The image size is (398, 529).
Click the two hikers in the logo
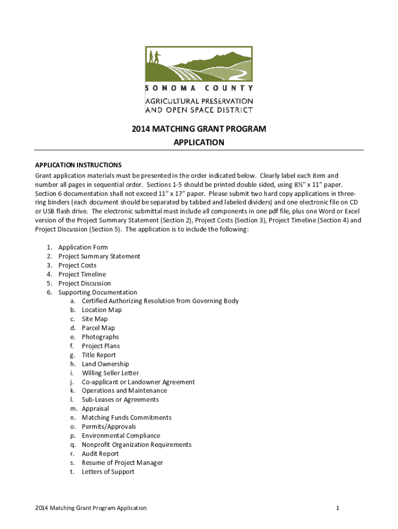tap(154, 56)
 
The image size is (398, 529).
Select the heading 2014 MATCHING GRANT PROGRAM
tap(198, 129)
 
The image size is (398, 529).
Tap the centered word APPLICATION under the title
tap(198, 142)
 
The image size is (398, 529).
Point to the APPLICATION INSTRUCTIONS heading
tap(78, 165)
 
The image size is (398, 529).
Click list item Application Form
tap(83, 247)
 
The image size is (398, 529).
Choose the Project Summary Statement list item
tap(99, 256)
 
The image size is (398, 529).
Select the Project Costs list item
tap(77, 266)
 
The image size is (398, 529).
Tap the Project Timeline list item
tap(82, 274)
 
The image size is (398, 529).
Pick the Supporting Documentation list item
tap(98, 292)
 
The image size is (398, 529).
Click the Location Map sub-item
tap(101, 310)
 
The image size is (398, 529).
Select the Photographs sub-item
tap(100, 337)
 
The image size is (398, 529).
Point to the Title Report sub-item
tap(99, 355)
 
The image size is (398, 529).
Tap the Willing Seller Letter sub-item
tap(110, 373)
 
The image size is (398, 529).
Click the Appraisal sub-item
tap(95, 409)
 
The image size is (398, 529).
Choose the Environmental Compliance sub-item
tap(121, 435)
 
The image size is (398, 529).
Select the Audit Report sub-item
tap(100, 454)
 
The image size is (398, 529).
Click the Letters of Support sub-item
tap(108, 472)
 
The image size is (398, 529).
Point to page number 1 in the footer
tap(337, 508)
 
